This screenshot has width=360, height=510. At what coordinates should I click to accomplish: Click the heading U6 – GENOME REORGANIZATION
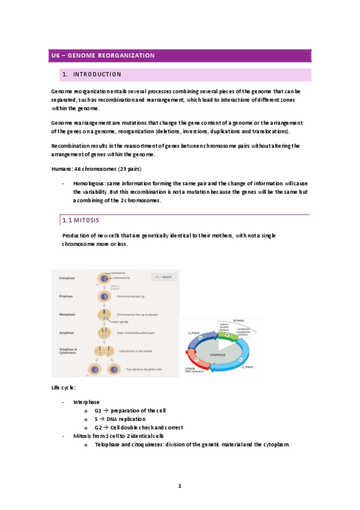(102, 56)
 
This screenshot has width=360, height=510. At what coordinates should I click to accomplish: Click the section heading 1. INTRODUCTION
(91, 75)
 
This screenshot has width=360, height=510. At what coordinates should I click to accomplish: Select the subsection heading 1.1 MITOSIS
(82, 221)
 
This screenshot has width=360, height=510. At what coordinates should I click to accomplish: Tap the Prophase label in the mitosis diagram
(67, 296)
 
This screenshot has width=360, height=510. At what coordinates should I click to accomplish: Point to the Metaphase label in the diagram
(68, 314)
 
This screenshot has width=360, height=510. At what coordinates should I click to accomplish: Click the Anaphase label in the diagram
(67, 331)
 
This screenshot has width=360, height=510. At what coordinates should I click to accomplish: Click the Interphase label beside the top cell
(67, 278)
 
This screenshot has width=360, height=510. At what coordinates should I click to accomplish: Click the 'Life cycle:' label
(64, 387)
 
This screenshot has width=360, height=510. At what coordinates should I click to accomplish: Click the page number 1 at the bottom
(180, 485)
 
